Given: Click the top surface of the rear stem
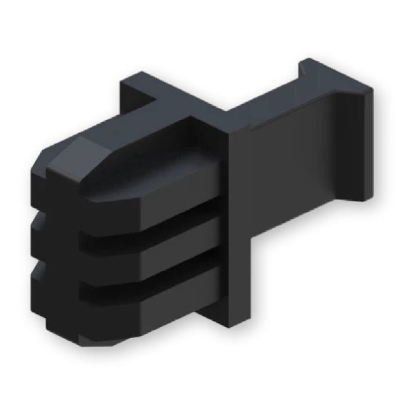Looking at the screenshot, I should pos(269,103).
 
